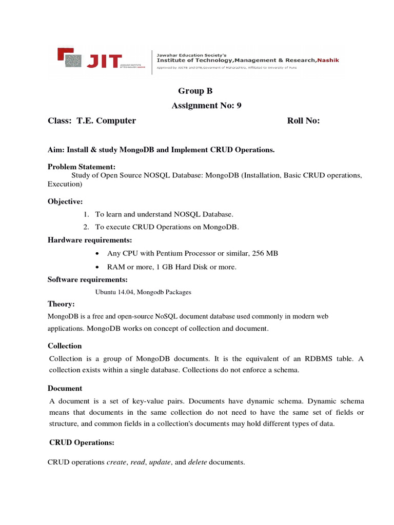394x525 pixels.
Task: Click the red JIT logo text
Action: click(104, 60)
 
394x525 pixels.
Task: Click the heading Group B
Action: click(195, 91)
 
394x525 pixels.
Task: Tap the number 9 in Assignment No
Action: click(239, 105)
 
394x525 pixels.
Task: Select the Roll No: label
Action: click(303, 120)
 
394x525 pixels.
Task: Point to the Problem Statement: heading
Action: click(81, 167)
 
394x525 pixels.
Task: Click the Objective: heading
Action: click(65, 201)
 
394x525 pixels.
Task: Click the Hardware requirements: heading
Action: click(90, 240)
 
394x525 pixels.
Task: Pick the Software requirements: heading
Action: click(87, 279)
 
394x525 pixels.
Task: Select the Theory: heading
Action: click(61, 304)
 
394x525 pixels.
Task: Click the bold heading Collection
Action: click(65, 346)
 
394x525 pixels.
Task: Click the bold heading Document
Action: click(65, 388)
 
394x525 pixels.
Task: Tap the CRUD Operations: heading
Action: click(82, 442)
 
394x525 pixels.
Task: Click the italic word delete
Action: click(198, 462)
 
